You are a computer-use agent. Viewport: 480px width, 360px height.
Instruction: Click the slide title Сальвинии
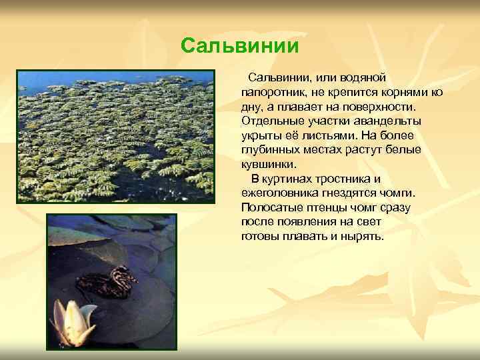(x=239, y=46)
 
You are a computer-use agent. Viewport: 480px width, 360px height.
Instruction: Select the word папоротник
(x=272, y=93)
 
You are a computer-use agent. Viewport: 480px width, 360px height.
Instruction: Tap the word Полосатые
(x=270, y=207)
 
